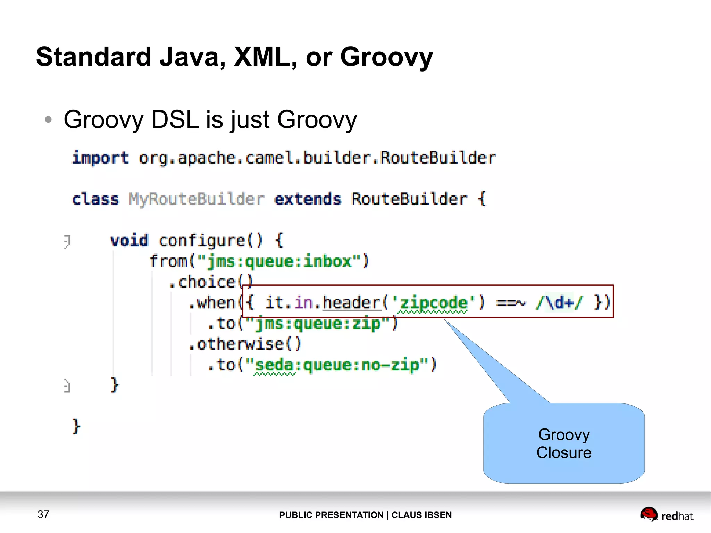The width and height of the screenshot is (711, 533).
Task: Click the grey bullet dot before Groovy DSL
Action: click(48, 120)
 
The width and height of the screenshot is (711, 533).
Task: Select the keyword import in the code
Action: click(100, 158)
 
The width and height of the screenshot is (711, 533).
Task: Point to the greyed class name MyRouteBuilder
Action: click(196, 199)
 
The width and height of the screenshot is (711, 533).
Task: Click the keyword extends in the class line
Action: click(308, 199)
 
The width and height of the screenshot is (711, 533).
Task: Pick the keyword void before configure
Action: click(129, 241)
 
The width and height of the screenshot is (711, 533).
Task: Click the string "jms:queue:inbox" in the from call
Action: click(279, 261)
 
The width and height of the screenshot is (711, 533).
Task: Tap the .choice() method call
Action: click(210, 282)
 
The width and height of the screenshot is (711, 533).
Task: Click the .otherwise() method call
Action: click(245, 344)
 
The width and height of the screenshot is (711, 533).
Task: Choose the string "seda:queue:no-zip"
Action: click(337, 365)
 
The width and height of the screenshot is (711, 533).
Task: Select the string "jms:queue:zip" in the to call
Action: click(318, 324)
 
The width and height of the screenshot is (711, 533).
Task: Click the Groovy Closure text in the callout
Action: click(564, 444)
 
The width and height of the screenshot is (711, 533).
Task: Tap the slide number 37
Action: click(43, 514)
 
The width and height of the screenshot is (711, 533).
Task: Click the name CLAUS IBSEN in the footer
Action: click(421, 515)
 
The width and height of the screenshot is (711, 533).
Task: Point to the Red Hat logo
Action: click(667, 515)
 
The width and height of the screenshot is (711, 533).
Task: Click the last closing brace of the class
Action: click(76, 426)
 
